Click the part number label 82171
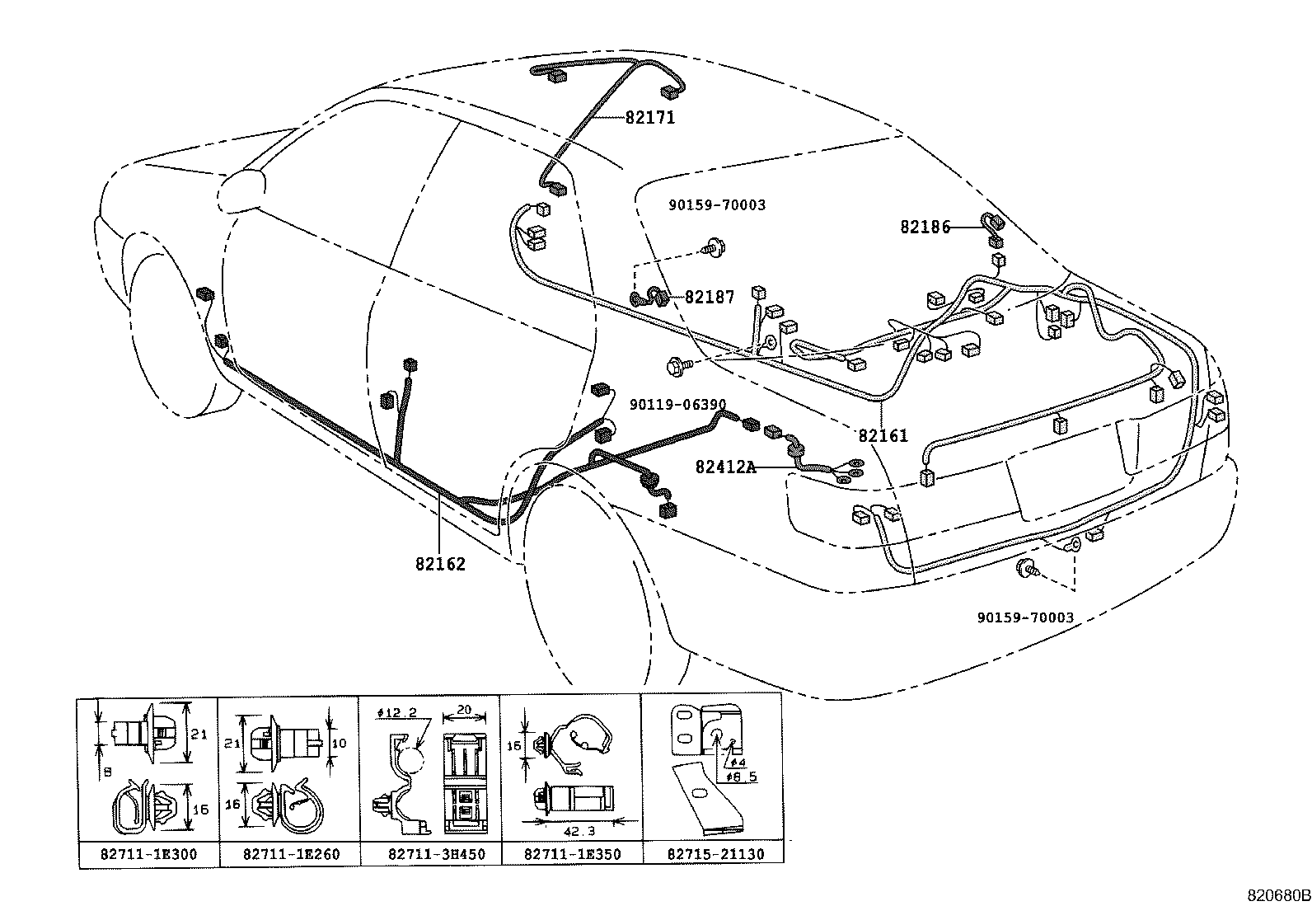click(649, 118)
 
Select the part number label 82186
click(925, 227)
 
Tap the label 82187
click(709, 298)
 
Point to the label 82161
click(883, 435)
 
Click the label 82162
click(440, 564)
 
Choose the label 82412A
click(725, 467)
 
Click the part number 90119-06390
click(677, 405)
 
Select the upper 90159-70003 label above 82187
click(716, 204)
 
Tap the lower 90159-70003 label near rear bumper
click(1025, 617)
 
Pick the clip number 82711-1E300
click(149, 855)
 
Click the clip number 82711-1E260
click(291, 855)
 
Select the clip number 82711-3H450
click(432, 855)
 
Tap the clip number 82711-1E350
click(572, 855)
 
